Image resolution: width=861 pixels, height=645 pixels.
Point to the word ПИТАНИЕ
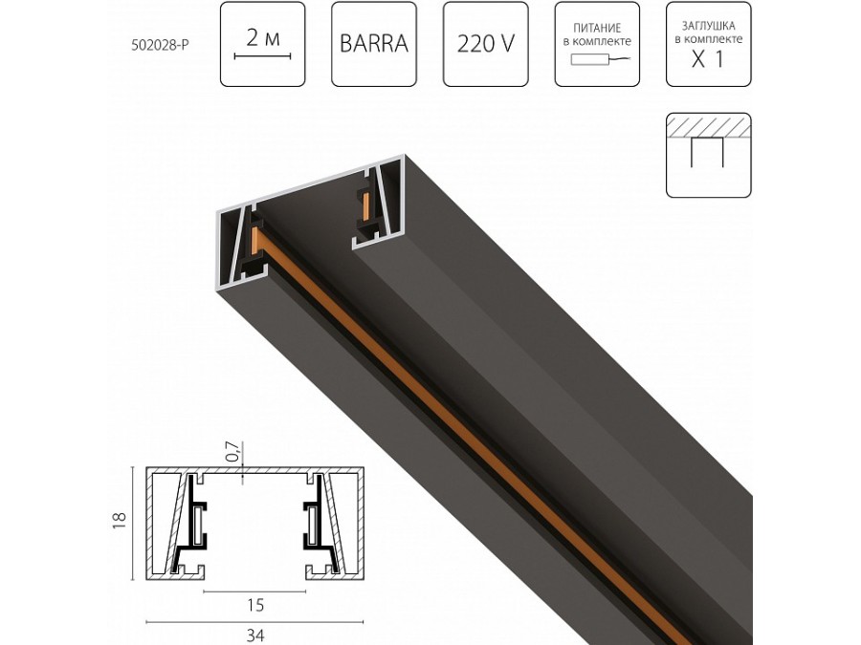coord(596,29)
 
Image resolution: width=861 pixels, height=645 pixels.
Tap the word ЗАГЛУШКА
coord(708,27)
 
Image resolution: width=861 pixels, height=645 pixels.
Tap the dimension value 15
coord(254,604)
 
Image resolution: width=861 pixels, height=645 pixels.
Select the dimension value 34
coord(254,634)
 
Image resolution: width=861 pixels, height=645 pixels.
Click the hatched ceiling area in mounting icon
coord(708,127)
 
